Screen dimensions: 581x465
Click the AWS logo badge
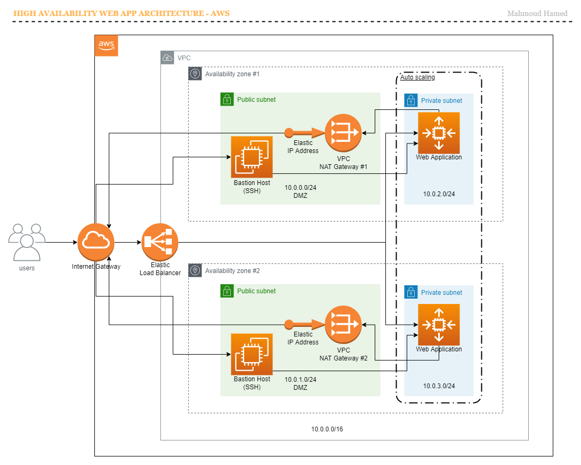107,46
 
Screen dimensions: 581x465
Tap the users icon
27,242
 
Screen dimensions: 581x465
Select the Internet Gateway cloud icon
96,242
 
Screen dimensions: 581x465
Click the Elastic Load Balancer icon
160,242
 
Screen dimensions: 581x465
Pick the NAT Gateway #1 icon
343,133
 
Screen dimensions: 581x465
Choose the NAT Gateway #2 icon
343,324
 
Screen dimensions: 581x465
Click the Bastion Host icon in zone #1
252,157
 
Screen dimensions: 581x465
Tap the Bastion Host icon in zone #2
252,354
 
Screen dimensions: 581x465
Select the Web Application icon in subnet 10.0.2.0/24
439,133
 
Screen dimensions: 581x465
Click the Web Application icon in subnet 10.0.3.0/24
439,325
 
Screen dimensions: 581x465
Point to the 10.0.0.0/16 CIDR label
327,429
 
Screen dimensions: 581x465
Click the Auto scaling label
417,77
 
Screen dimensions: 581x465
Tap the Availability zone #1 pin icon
195,74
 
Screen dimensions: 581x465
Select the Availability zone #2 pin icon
195,270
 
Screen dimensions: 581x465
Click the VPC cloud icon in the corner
167,58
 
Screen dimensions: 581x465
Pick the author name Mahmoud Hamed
537,13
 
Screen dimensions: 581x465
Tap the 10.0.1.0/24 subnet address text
301,379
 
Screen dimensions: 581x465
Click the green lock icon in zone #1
227,99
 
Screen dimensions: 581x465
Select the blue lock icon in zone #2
411,292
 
